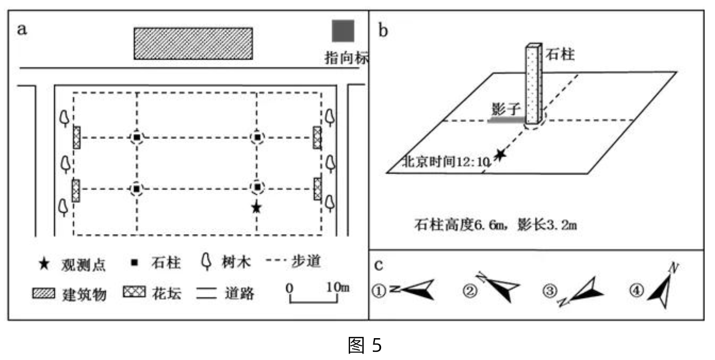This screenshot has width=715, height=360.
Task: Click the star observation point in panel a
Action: pos(256,207)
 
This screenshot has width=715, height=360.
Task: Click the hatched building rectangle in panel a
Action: pos(193,43)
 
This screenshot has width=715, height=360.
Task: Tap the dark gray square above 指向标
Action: pos(343,31)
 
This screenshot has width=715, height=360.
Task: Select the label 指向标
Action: pos(347,59)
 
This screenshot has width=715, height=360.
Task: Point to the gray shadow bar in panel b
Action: pos(506,119)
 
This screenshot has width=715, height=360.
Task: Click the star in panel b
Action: pos(499,155)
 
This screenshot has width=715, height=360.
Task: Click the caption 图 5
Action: pos(364,346)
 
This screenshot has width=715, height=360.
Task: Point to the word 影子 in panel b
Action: pos(501,107)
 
